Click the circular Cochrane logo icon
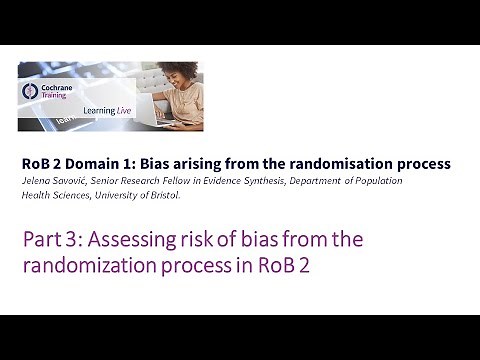coord(30,91)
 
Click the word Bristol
coord(163,195)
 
